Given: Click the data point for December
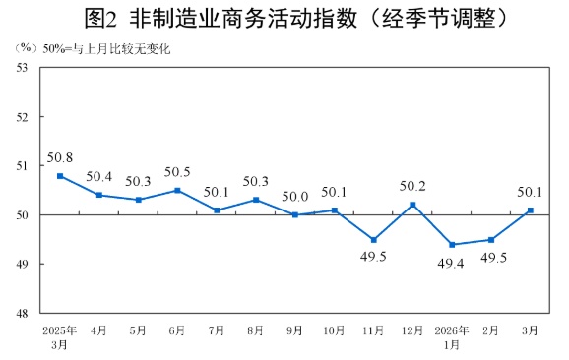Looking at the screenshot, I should [x=412, y=205].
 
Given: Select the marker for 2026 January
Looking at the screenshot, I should [x=452, y=245].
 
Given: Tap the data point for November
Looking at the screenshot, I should [x=373, y=240].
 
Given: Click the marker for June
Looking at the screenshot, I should [x=177, y=190].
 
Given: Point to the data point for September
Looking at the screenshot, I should [x=295, y=214].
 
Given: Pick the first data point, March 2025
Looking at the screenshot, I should [x=60, y=176].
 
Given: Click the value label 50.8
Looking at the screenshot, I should [x=60, y=156].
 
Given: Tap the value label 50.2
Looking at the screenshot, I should [x=412, y=185].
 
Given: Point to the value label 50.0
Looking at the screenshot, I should [x=295, y=196].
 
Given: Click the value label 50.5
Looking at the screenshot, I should [x=177, y=171].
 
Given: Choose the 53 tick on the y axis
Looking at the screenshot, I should [x=21, y=67].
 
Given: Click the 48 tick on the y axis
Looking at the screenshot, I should [x=21, y=314].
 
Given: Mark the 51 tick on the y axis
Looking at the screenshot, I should [x=21, y=166].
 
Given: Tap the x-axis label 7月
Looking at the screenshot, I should [x=217, y=330].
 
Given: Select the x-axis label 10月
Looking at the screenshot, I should [x=334, y=330].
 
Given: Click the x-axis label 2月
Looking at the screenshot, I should [x=491, y=330].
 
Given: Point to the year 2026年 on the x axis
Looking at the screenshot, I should [x=452, y=330].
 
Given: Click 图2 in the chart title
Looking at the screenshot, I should [x=103, y=17].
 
